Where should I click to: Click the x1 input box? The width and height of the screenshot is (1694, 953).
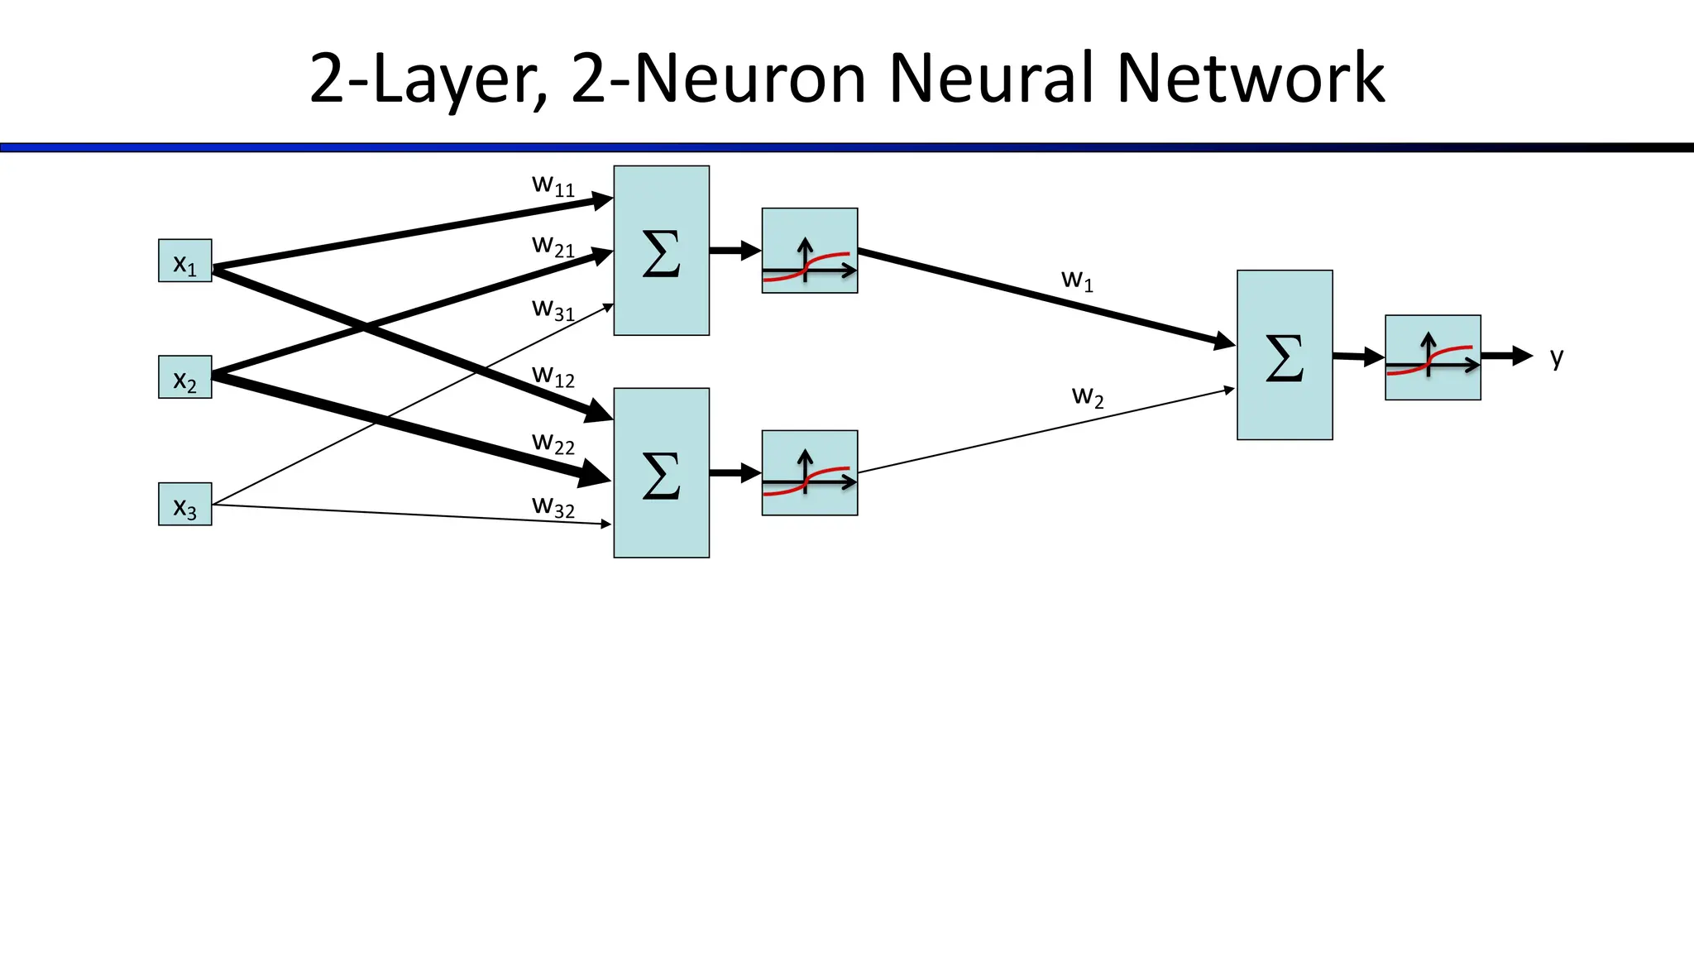click(184, 261)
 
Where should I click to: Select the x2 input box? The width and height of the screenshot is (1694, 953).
click(184, 377)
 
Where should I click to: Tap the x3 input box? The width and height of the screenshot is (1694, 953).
click(184, 504)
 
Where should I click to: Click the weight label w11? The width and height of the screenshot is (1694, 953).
click(553, 185)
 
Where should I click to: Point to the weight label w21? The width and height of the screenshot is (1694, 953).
click(553, 247)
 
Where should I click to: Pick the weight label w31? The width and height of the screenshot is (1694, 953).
click(553, 309)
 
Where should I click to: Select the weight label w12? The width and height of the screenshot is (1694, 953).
click(553, 376)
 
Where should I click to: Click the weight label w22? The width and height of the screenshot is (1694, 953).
click(553, 443)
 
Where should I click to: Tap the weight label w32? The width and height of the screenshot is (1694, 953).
click(553, 506)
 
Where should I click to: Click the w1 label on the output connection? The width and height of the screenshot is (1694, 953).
click(1077, 280)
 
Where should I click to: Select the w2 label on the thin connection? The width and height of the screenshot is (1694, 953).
click(1088, 396)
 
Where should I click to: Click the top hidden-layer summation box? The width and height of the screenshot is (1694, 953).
click(661, 251)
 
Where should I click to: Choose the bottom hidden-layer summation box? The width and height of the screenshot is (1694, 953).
click(661, 473)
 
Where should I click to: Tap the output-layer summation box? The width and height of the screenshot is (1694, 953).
click(1285, 355)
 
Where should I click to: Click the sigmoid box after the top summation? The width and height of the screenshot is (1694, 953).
click(809, 251)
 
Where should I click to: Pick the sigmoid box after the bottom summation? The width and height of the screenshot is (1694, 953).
click(809, 473)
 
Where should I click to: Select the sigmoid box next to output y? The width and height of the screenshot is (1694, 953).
click(1433, 357)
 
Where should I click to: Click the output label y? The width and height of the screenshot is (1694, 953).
click(1557, 357)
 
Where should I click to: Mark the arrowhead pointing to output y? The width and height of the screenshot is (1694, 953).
click(1523, 356)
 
